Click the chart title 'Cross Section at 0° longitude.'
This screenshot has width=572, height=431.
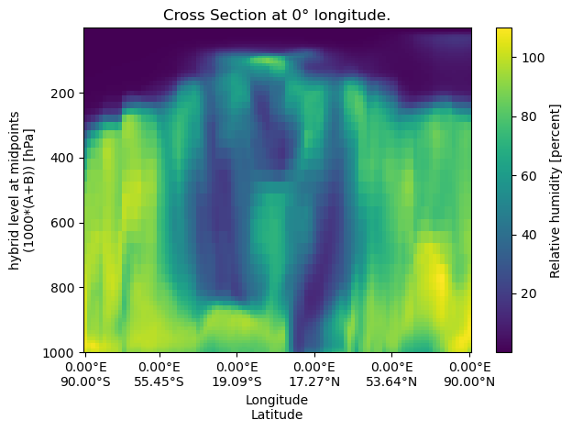[276, 16]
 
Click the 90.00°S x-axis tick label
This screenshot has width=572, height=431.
[85, 380]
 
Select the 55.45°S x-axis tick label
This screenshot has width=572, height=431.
[161, 380]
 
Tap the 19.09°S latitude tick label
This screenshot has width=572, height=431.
[238, 380]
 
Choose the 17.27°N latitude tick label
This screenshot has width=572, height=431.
[315, 380]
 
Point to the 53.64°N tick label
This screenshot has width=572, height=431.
[392, 380]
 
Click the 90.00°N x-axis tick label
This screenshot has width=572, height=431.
[469, 380]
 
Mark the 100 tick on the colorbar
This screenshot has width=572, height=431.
[529, 57]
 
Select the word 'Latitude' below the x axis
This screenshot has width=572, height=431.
[277, 414]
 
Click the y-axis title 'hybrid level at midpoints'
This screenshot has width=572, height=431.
[16, 190]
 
